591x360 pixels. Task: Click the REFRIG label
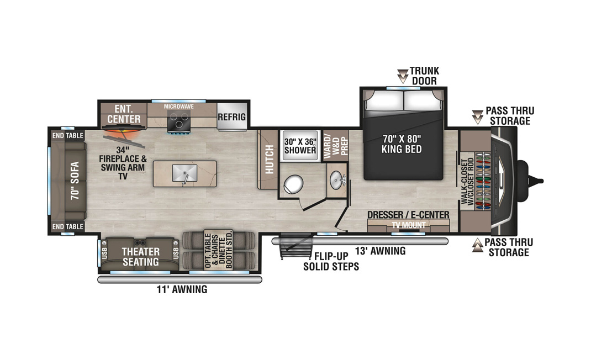coord(231,117)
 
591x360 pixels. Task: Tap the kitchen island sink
coord(184,173)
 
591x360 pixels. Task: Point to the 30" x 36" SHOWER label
coord(300,146)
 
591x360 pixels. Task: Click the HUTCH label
coord(270,160)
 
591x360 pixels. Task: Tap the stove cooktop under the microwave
coord(178,121)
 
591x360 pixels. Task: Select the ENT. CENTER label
coord(124,114)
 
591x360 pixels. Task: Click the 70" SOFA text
coord(75,181)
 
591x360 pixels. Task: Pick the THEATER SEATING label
coord(141,257)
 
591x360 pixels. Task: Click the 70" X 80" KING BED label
coord(402,144)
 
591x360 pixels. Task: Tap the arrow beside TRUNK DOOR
coord(403,76)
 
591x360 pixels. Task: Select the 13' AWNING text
coord(381,251)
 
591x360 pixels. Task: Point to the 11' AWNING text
coord(182,289)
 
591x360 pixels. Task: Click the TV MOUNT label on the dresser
coord(409,225)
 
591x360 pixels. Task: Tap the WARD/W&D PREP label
coord(335,146)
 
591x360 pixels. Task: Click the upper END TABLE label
coord(68,135)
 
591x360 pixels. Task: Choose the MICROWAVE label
coord(178,107)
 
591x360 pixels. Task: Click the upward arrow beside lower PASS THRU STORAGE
coord(478,245)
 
